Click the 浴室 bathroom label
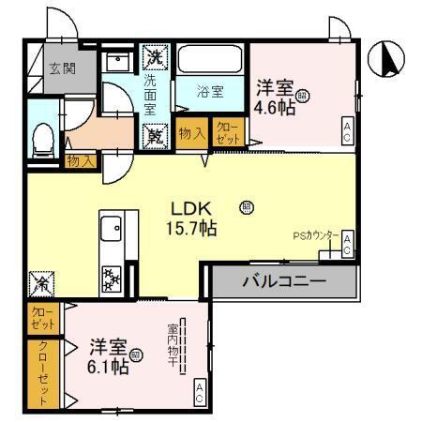click(x=210, y=91)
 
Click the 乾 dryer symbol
click(x=154, y=135)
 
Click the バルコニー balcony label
click(x=284, y=280)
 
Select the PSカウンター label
click(x=317, y=236)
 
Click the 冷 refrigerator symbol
click(x=41, y=279)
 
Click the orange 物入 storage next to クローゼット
click(x=192, y=133)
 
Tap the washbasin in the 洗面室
click(x=118, y=61)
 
